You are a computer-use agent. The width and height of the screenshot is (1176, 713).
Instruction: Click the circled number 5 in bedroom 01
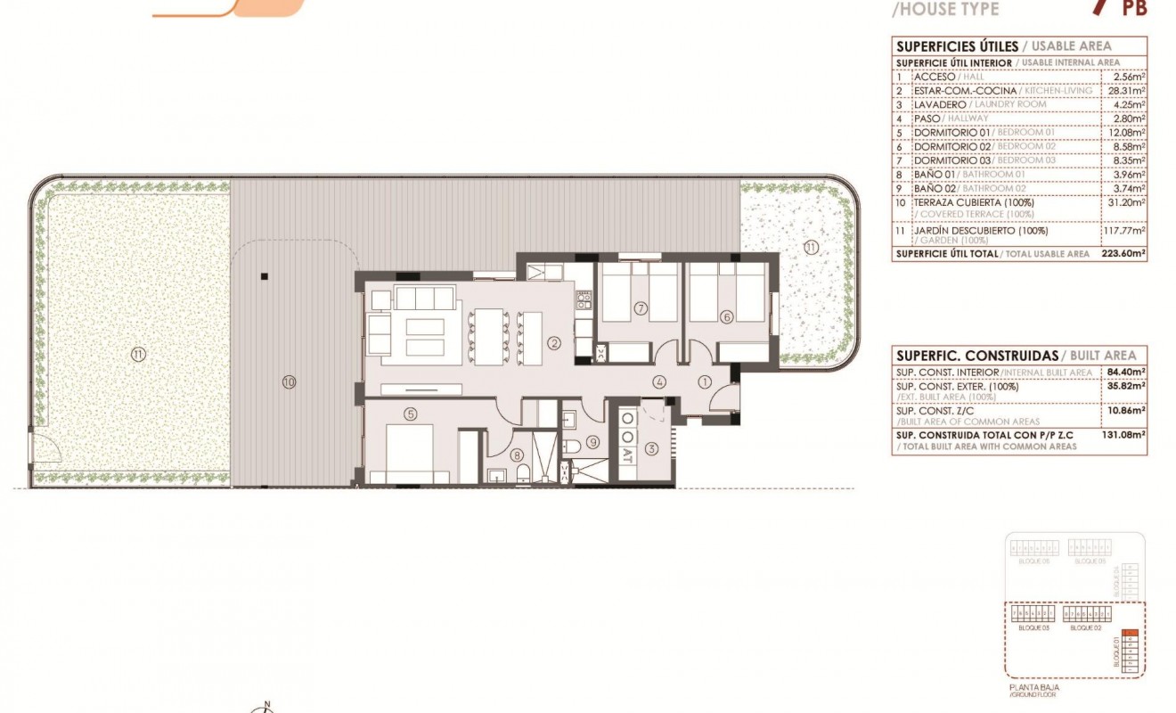point(411,414)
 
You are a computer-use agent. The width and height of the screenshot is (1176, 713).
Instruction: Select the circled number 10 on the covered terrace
point(288,382)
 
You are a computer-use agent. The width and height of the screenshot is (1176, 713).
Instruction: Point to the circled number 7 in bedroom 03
point(640,309)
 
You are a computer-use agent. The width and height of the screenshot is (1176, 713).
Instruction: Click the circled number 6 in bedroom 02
point(726,316)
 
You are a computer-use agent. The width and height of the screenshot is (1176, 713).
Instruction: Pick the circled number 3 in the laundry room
point(651,448)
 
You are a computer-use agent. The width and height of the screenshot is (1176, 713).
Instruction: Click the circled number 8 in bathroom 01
point(518,455)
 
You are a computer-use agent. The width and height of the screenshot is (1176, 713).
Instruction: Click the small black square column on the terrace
point(265,276)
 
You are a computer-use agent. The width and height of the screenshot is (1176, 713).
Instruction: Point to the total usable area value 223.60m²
point(1126,254)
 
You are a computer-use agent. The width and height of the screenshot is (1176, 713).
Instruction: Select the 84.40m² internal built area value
point(1126,372)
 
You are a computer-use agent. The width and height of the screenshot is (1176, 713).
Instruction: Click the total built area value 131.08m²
point(1126,436)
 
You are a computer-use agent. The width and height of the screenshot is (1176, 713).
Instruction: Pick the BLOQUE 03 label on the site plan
point(1033,628)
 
